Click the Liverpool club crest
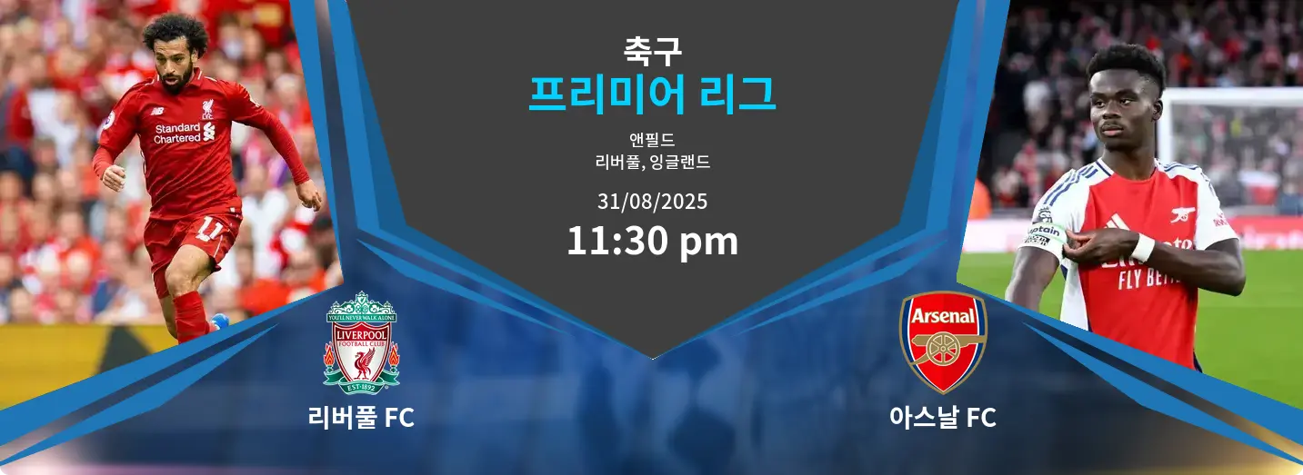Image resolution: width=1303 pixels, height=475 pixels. click(361, 343)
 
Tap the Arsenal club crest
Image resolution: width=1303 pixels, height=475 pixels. click(943, 342)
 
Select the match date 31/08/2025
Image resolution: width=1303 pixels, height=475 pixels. click(652, 202)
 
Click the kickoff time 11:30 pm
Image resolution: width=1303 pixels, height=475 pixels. click(652, 241)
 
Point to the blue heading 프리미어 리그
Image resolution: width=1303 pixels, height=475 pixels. click(652, 94)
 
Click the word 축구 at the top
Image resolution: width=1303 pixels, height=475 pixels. click(652, 51)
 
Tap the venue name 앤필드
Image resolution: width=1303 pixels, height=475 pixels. click(652, 139)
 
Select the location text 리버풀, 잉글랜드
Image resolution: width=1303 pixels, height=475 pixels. click(652, 162)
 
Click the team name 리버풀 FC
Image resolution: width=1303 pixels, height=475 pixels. click(361, 418)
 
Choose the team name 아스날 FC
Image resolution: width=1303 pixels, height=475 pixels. click(943, 418)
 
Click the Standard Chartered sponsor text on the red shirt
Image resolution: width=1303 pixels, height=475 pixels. click(177, 133)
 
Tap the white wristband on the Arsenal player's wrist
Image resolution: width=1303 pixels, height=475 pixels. click(1143, 248)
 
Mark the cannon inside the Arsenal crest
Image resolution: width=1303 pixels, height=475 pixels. click(943, 350)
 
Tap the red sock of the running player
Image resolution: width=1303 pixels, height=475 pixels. click(191, 316)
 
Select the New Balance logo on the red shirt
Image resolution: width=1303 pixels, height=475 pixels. click(157, 110)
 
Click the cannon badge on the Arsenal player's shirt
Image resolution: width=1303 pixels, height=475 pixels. click(1183, 213)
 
